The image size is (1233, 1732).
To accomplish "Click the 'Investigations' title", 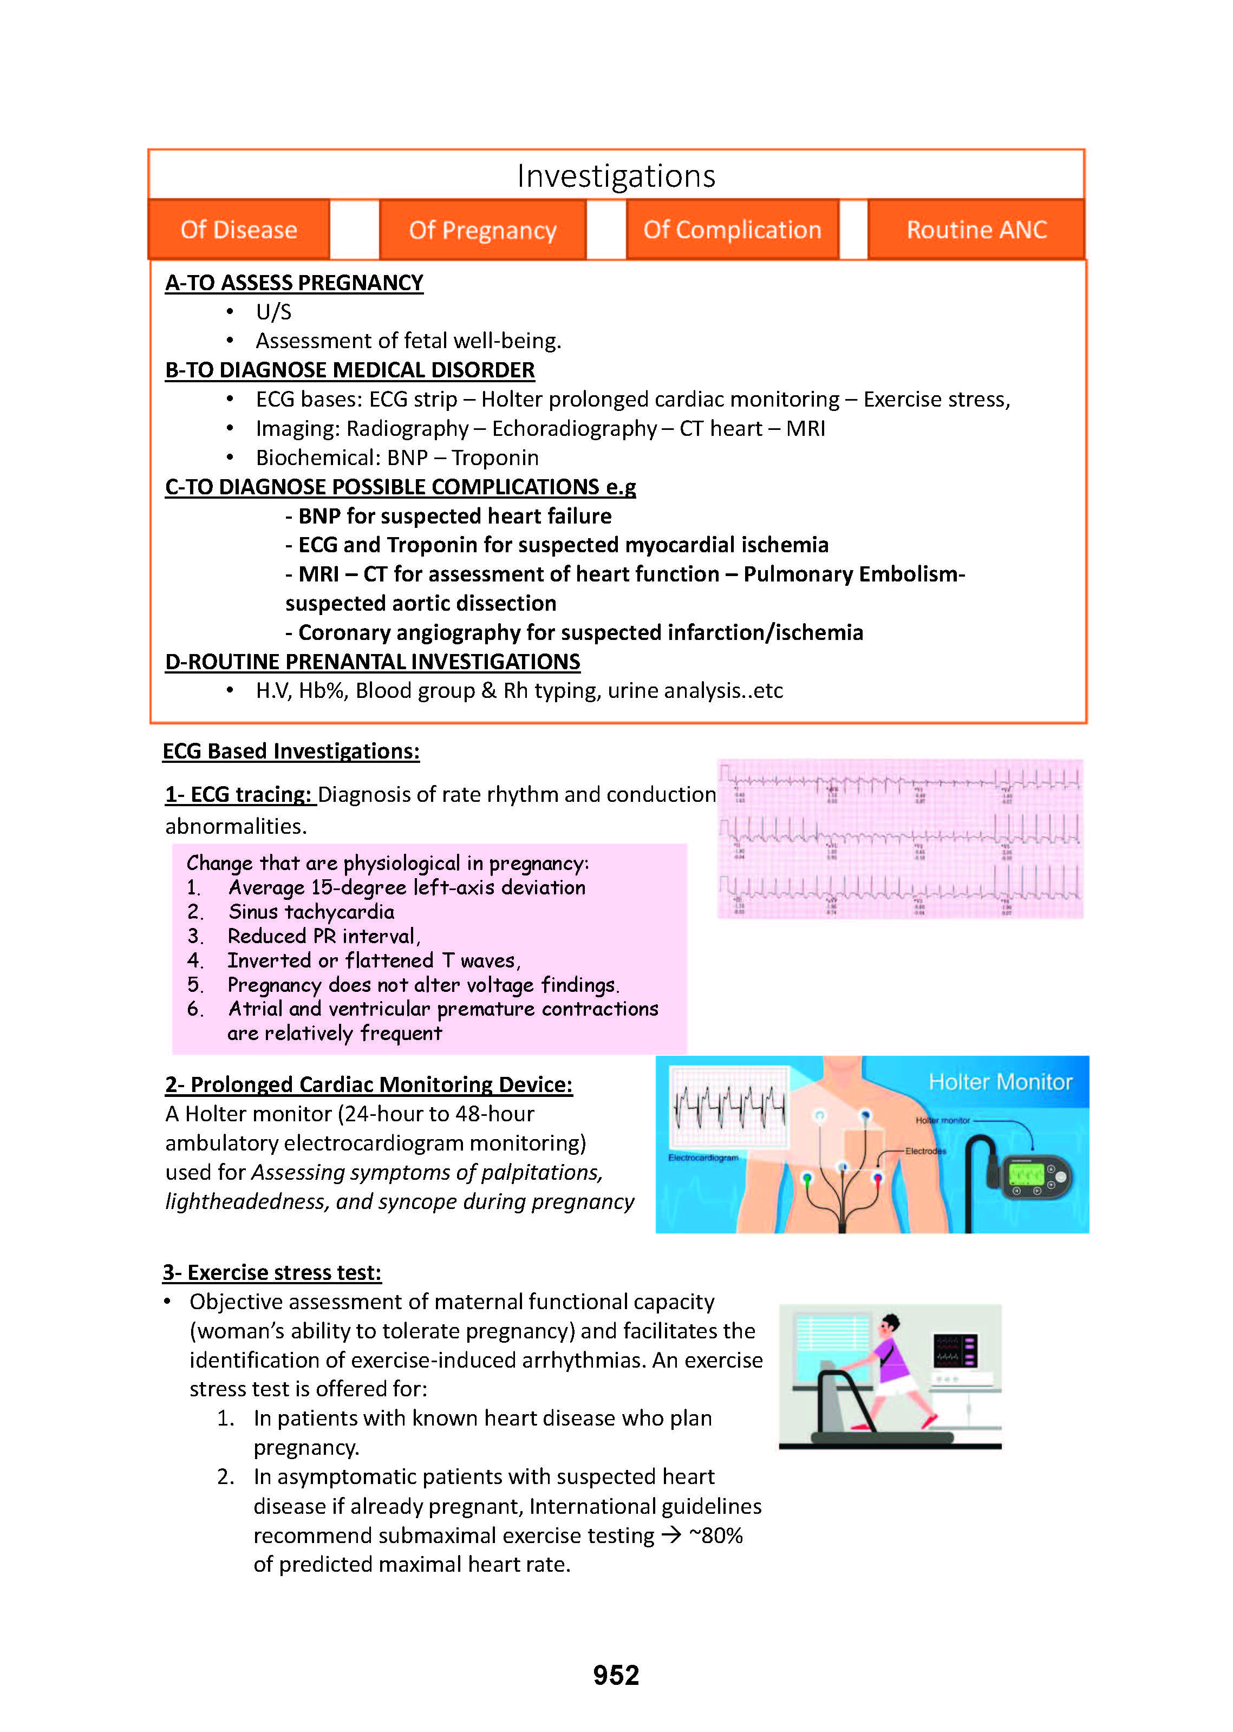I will pyautogui.click(x=616, y=176).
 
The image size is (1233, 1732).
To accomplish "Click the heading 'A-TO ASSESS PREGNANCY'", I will pyautogui.click(x=294, y=283).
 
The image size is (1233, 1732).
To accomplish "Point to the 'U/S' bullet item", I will pyautogui.click(x=273, y=312).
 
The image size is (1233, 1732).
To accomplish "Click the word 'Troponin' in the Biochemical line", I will pyautogui.click(x=495, y=457).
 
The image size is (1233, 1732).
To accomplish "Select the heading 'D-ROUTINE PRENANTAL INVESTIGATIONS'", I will pyautogui.click(x=372, y=662).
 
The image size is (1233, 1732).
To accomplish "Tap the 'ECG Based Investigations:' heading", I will pyautogui.click(x=291, y=751).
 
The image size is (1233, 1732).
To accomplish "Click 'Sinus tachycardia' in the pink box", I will pyautogui.click(x=311, y=912).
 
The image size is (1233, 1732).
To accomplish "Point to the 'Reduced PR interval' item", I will pyautogui.click(x=323, y=936).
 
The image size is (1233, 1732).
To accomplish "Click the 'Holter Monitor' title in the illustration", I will pyautogui.click(x=1000, y=1082).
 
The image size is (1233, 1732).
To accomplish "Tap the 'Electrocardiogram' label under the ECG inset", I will pyautogui.click(x=703, y=1158).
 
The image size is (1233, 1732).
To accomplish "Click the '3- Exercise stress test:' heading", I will pyautogui.click(x=272, y=1273).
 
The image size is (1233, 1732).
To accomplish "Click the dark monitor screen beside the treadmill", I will pyautogui.click(x=955, y=1350).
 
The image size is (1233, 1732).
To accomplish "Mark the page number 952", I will pyautogui.click(x=616, y=1675).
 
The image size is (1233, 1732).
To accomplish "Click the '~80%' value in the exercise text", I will pyautogui.click(x=715, y=1535).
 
